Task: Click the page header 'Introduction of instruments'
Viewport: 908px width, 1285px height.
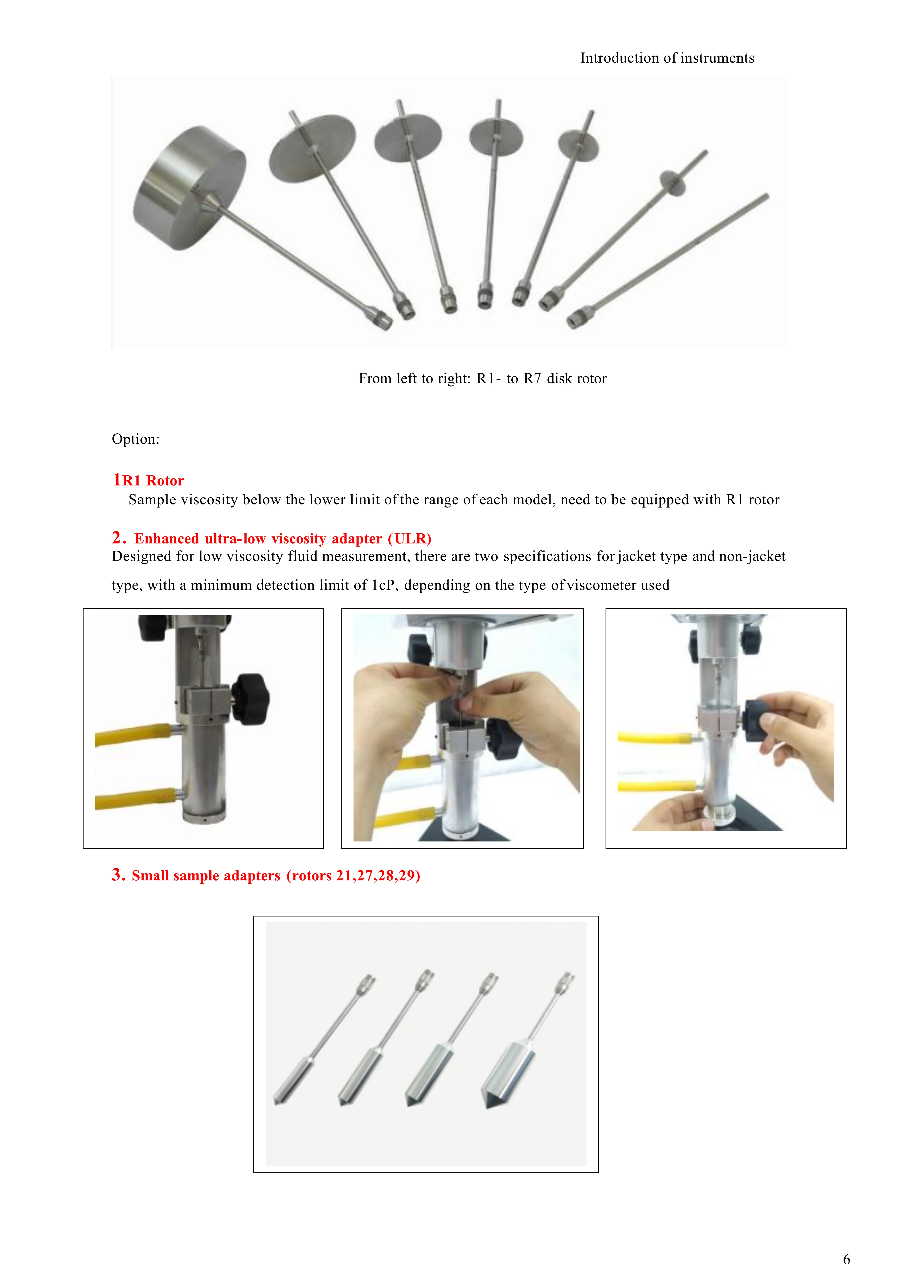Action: (667, 58)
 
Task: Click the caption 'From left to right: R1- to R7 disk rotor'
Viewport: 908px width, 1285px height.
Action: (482, 379)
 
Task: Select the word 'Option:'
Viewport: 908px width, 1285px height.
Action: (135, 439)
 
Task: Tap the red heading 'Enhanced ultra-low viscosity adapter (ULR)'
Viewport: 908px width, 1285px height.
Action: (283, 539)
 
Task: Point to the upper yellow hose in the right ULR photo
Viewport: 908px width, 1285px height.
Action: (655, 738)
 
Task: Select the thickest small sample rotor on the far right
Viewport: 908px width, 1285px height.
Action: (509, 1073)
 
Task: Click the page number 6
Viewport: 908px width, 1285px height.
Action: (846, 1259)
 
